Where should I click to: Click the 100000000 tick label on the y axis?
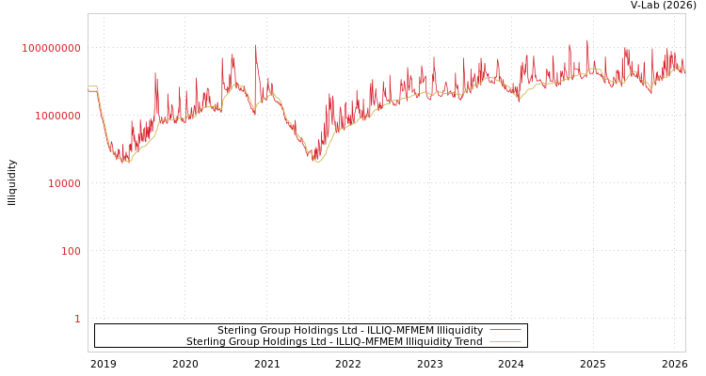point(52,48)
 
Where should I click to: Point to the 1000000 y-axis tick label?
point(57,116)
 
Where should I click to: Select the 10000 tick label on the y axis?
point(64,183)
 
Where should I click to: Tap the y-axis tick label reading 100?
point(72,251)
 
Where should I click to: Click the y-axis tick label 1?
point(77,319)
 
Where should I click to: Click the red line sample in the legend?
point(505,331)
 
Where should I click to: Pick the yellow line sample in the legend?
point(505,342)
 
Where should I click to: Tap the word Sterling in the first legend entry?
point(236,331)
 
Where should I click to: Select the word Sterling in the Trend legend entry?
point(205,342)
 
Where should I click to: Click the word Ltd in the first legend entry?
point(327,331)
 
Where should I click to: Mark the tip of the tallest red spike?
point(587,39)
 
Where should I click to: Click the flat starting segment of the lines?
point(92,88)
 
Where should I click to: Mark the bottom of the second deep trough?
point(317,162)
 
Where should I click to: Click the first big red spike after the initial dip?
point(156,74)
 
